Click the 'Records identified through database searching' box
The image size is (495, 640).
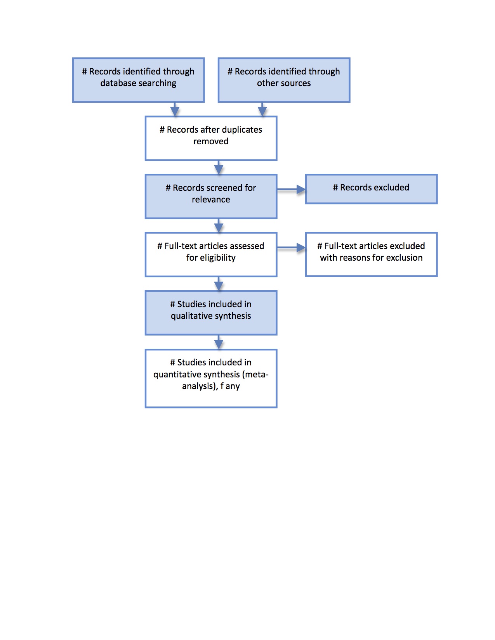click(x=138, y=80)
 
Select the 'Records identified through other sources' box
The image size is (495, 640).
click(x=284, y=80)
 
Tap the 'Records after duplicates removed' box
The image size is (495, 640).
click(x=211, y=138)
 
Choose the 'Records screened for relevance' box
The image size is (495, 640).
click(x=211, y=196)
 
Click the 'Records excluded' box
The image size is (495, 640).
click(x=371, y=189)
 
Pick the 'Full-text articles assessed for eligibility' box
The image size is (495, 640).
click(x=211, y=254)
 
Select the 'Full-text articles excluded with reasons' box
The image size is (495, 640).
click(x=371, y=254)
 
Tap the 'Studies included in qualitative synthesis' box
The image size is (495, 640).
click(x=211, y=313)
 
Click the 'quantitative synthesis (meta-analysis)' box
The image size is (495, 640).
click(x=211, y=379)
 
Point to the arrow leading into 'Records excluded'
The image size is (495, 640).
click(x=291, y=189)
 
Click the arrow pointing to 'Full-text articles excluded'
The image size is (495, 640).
click(x=291, y=247)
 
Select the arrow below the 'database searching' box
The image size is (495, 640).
click(x=175, y=109)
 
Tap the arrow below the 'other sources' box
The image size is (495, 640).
click(x=262, y=109)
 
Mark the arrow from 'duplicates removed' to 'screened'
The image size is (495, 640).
click(x=219, y=167)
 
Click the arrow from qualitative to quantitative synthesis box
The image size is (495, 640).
click(x=219, y=342)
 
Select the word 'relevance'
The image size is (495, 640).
click(x=211, y=199)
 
